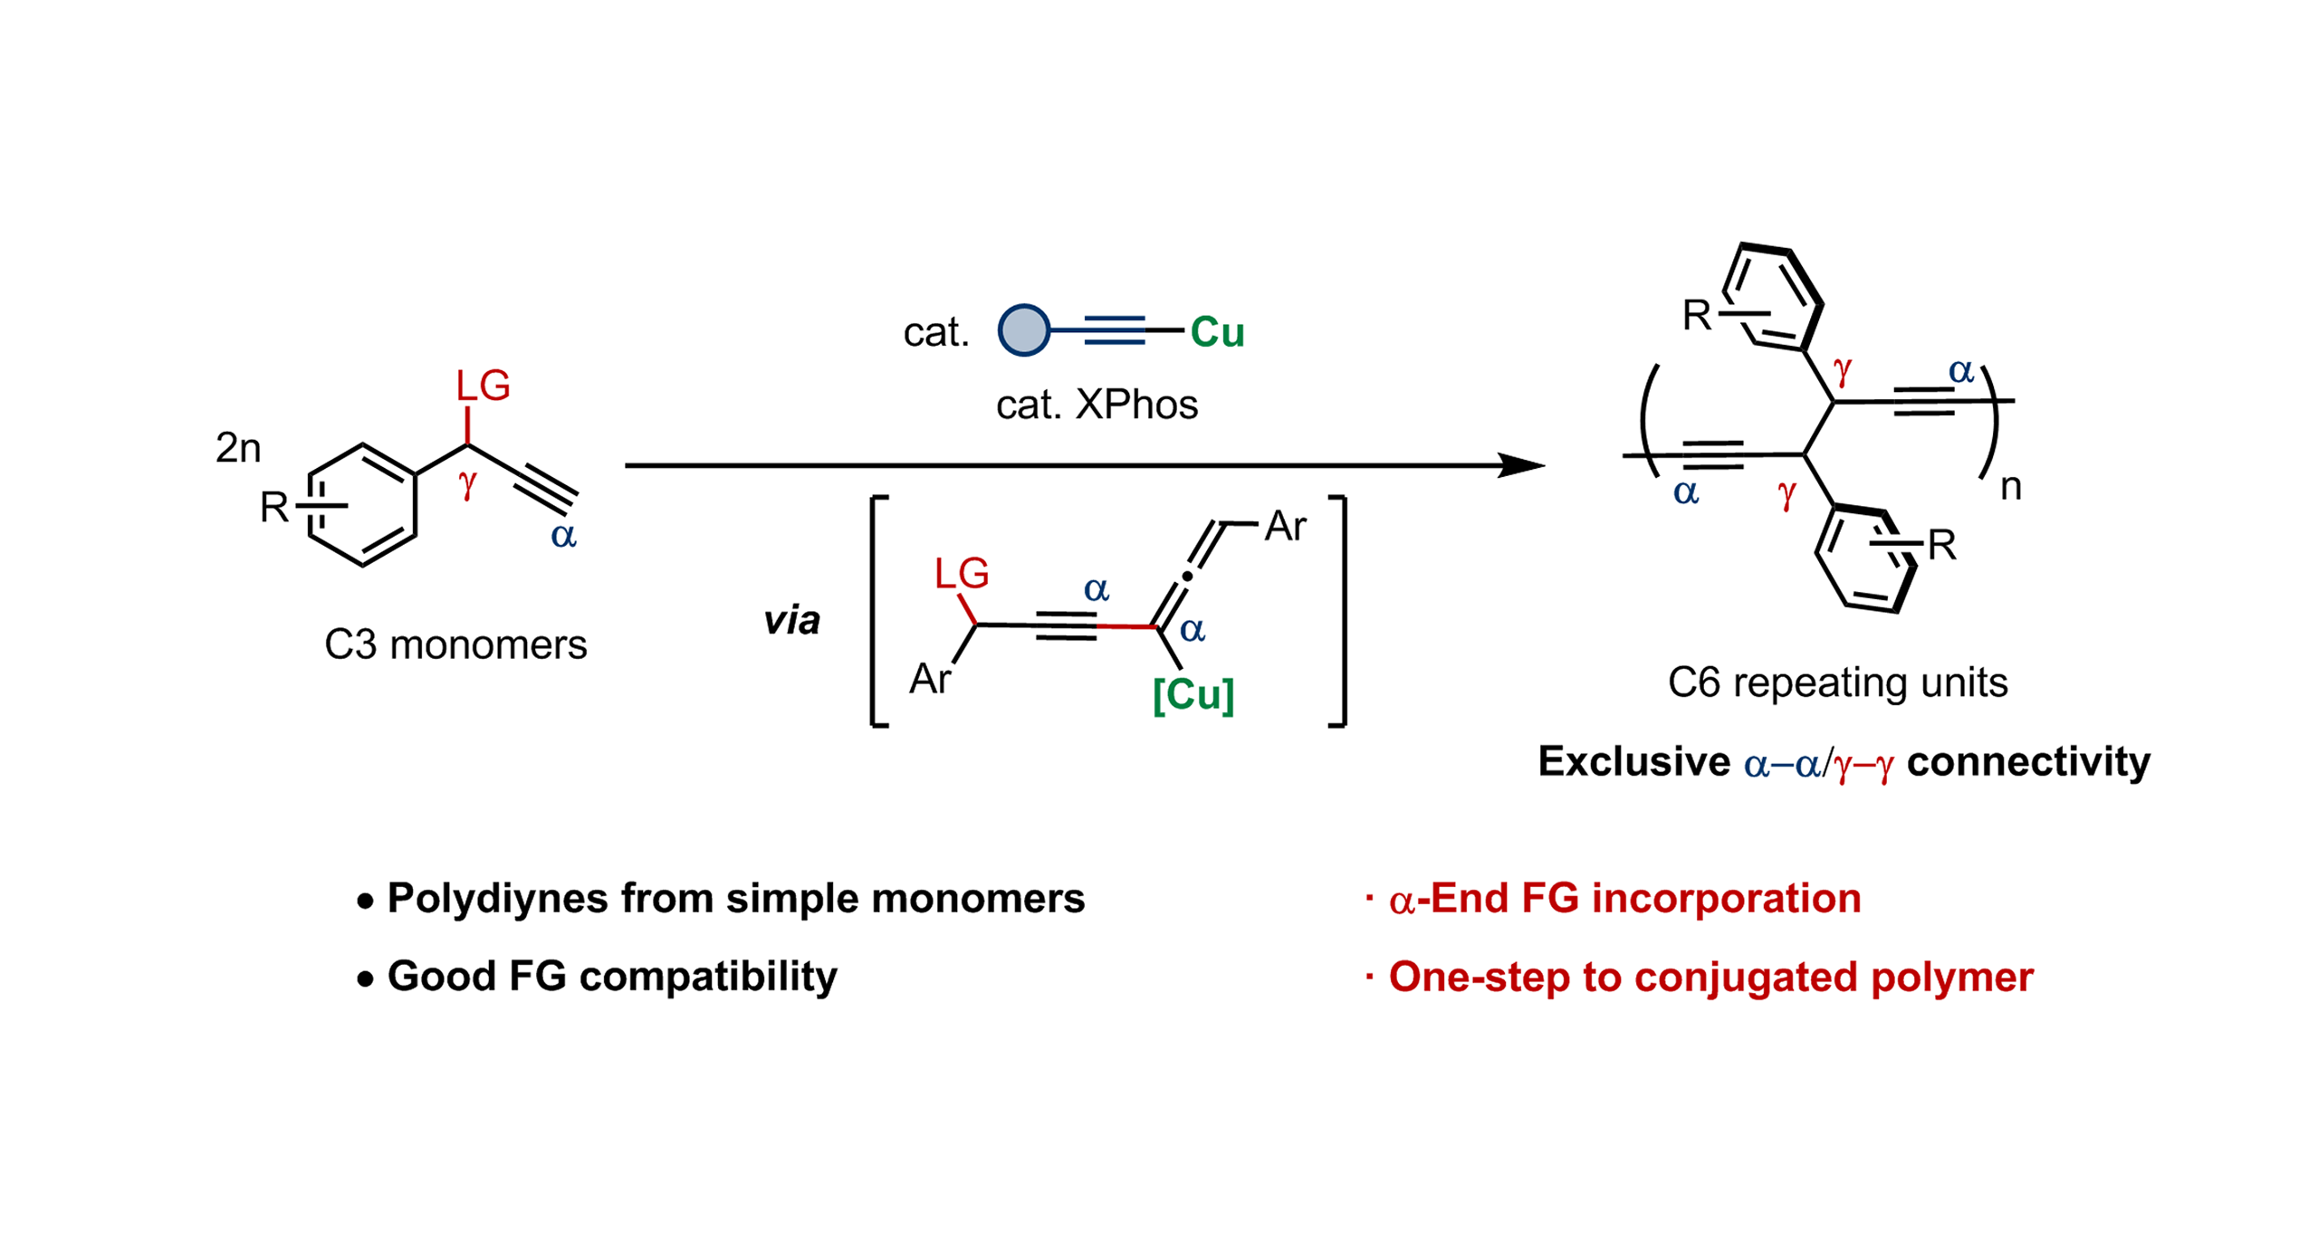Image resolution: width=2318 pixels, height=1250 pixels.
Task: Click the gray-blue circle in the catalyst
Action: (1022, 330)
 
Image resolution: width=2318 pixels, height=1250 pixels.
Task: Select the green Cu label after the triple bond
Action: (1216, 332)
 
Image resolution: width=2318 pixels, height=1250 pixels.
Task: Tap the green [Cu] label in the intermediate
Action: (1193, 695)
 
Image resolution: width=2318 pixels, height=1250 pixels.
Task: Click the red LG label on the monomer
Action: (483, 386)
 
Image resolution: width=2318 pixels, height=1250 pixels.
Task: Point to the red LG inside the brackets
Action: (961, 574)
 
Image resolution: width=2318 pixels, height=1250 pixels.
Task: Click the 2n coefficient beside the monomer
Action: (238, 447)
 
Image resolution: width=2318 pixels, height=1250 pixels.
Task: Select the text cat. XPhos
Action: (1096, 405)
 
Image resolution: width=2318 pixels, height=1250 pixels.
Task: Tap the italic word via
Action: (791, 621)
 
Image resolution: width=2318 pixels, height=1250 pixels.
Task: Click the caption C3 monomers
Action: (455, 645)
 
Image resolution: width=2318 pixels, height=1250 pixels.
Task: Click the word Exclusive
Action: (1633, 761)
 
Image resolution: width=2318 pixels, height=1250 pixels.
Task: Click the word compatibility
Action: (708, 977)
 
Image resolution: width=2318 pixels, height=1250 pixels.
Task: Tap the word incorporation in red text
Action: (1726, 899)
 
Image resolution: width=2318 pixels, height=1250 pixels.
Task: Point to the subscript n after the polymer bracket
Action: (2010, 487)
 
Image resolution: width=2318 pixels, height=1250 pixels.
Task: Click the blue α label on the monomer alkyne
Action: (563, 536)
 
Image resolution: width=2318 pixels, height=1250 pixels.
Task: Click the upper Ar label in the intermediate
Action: (1285, 526)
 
